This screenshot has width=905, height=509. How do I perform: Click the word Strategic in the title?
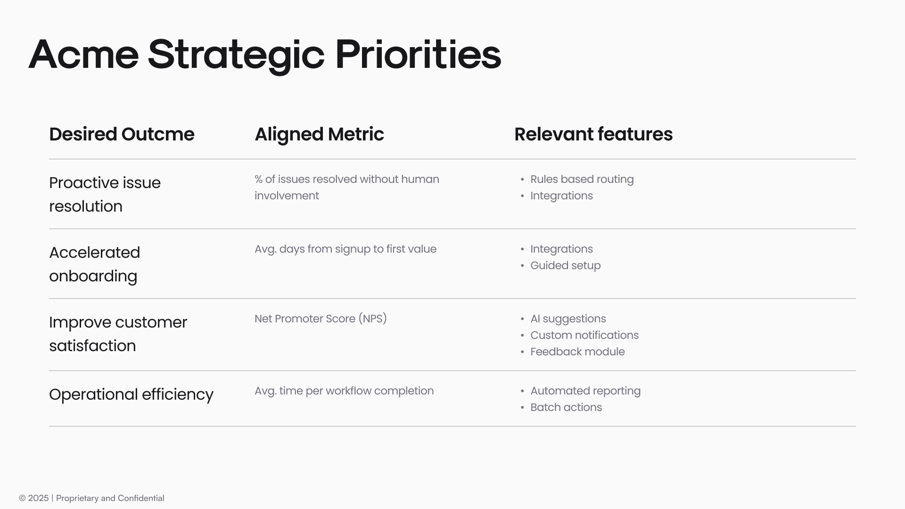pyautogui.click(x=236, y=55)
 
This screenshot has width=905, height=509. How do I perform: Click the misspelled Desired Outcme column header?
pyautogui.click(x=122, y=134)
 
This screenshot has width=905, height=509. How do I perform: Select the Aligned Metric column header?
pyautogui.click(x=319, y=134)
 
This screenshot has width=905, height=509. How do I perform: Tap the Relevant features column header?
pyautogui.click(x=593, y=134)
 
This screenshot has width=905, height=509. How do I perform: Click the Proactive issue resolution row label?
pyautogui.click(x=105, y=194)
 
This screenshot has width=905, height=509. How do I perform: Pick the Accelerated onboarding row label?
pyautogui.click(x=94, y=264)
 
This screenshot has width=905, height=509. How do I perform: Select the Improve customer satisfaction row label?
pyautogui.click(x=118, y=334)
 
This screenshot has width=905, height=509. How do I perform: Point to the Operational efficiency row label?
pyautogui.click(x=131, y=394)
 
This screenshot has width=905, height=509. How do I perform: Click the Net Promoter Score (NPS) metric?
pyautogui.click(x=321, y=319)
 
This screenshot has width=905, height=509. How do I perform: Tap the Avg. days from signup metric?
pyautogui.click(x=345, y=249)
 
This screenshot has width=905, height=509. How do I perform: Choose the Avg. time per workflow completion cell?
pyautogui.click(x=344, y=391)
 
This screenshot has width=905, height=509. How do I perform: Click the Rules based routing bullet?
pyautogui.click(x=582, y=179)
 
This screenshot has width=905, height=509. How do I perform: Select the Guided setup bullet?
pyautogui.click(x=565, y=265)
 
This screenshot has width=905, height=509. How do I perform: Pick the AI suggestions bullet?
pyautogui.click(x=568, y=319)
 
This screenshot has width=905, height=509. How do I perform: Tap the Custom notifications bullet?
pyautogui.click(x=584, y=335)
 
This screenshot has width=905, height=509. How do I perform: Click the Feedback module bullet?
pyautogui.click(x=577, y=352)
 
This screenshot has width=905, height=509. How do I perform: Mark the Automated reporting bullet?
pyautogui.click(x=585, y=391)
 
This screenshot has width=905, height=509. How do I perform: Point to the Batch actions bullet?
pyautogui.click(x=566, y=407)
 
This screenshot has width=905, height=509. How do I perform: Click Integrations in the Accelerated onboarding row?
pyautogui.click(x=561, y=249)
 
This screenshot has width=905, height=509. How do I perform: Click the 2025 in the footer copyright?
pyautogui.click(x=38, y=498)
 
